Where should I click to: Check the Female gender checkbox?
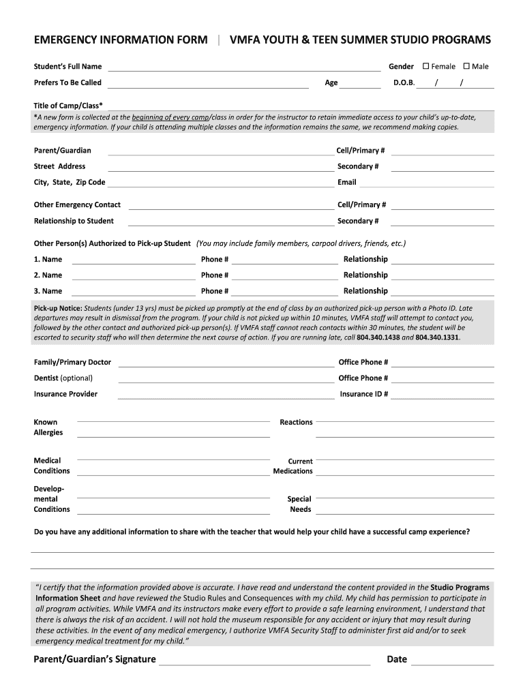coord(426,66)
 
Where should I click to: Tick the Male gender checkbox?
coord(466,66)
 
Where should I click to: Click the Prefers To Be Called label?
coord(67,82)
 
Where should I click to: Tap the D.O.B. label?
coord(404,82)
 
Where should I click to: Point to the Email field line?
coord(427,185)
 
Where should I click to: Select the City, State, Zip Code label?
coord(70,183)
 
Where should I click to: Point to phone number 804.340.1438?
coord(378,337)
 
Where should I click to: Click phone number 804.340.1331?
coord(437,337)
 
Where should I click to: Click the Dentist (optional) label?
coord(63,378)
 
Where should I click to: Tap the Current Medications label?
coord(293,466)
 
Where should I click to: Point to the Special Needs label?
coord(299,504)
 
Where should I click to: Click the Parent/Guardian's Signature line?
coord(265,663)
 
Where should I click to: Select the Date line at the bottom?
coord(453,663)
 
